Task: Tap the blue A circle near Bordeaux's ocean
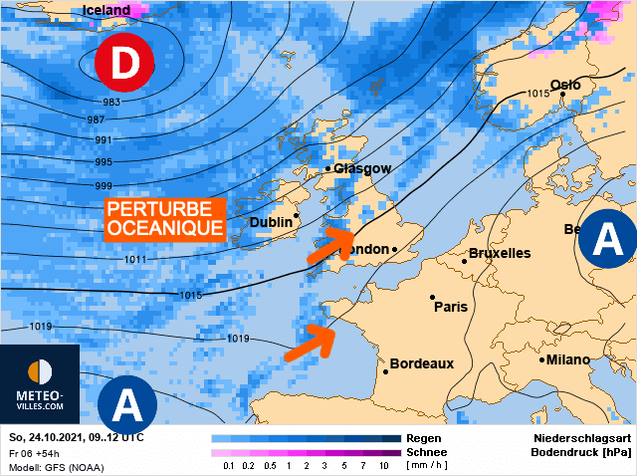tap(126, 404)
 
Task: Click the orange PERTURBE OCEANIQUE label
tap(164, 218)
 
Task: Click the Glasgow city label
tap(362, 169)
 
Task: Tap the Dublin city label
tap(270, 222)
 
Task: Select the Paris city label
tap(451, 307)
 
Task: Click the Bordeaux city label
tap(421, 363)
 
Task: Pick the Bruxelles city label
tap(499, 253)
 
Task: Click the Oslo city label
tap(565, 86)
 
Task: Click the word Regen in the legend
tap(425, 438)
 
